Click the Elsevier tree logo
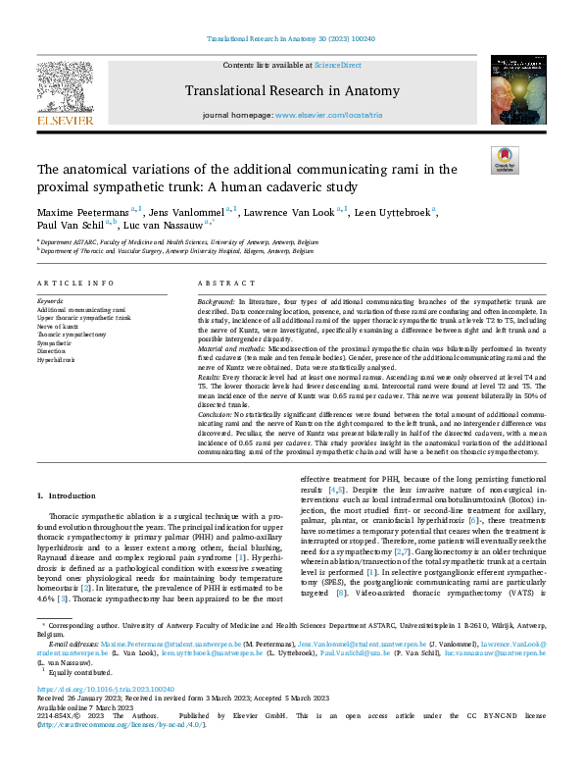coord(66,96)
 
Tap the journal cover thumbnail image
coord(515,95)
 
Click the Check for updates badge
coord(505,159)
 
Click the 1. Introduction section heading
coord(67,497)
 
